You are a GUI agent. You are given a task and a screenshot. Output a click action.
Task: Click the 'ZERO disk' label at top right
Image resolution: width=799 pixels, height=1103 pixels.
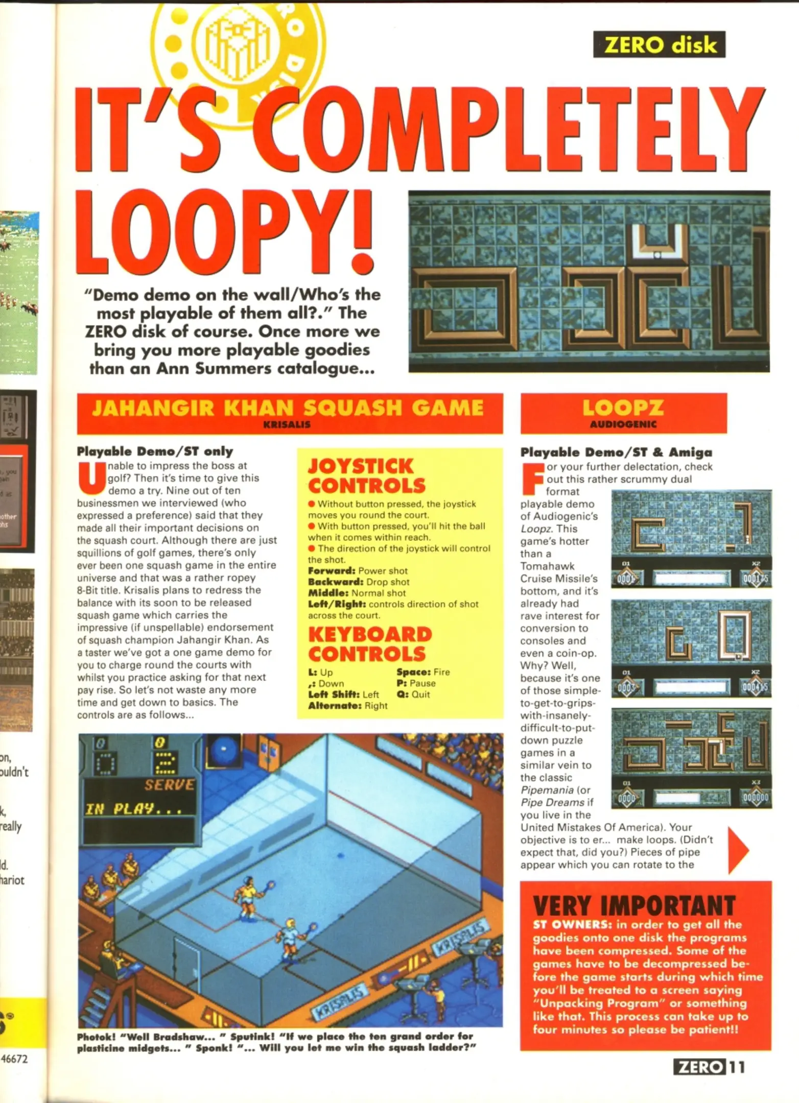(x=659, y=45)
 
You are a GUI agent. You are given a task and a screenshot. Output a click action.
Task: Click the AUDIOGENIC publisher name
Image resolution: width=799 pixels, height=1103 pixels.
(x=623, y=424)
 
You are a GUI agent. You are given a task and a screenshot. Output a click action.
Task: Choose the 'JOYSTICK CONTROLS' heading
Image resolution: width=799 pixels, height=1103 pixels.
(x=366, y=475)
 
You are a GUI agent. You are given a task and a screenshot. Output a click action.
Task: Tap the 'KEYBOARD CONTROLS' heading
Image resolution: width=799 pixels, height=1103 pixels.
(x=369, y=643)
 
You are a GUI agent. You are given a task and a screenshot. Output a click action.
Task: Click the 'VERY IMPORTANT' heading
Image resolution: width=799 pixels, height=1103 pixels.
(x=634, y=906)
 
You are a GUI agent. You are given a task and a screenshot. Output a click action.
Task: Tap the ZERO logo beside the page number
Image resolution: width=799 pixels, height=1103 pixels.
(x=699, y=1067)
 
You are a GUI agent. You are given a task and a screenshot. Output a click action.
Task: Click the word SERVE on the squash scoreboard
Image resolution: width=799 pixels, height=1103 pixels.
(x=169, y=784)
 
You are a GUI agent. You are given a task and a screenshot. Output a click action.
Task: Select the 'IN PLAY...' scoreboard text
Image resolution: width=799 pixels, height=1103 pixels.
(x=133, y=809)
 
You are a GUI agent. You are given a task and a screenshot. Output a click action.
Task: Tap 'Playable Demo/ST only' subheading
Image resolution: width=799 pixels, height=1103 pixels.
(x=155, y=451)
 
